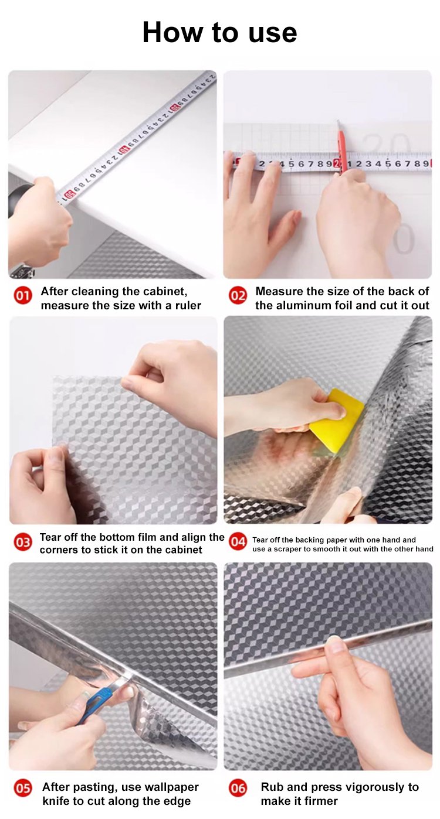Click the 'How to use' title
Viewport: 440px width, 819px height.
pyautogui.click(x=219, y=32)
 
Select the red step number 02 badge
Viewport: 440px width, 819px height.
pyautogui.click(x=238, y=295)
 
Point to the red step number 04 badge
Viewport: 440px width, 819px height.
pyautogui.click(x=238, y=541)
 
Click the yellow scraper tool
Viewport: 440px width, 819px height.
pyautogui.click(x=337, y=421)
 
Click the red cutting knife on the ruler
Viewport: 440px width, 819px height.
pyautogui.click(x=341, y=150)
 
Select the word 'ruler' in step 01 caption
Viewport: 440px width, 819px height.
pyautogui.click(x=188, y=305)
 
